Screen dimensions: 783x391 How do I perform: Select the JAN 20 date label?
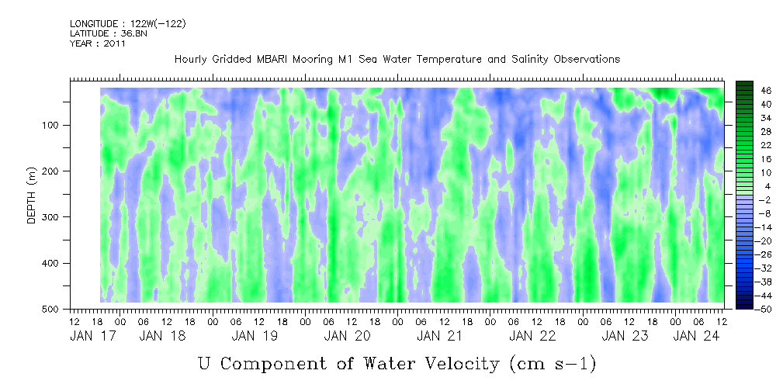point(347,336)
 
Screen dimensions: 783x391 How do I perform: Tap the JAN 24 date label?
point(696,336)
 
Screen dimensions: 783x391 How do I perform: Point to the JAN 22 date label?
point(532,336)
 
